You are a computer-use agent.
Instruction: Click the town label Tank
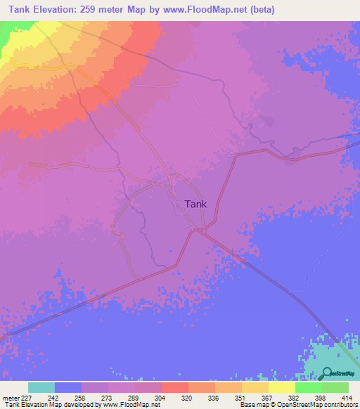[195, 204]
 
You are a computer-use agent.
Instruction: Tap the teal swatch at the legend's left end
[41, 387]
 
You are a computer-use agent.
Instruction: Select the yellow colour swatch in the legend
[281, 387]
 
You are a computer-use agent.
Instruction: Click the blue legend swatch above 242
[67, 387]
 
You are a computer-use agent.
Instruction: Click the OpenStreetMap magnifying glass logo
[326, 373]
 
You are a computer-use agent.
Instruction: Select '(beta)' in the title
[259, 10]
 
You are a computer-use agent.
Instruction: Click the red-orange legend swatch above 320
[174, 387]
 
